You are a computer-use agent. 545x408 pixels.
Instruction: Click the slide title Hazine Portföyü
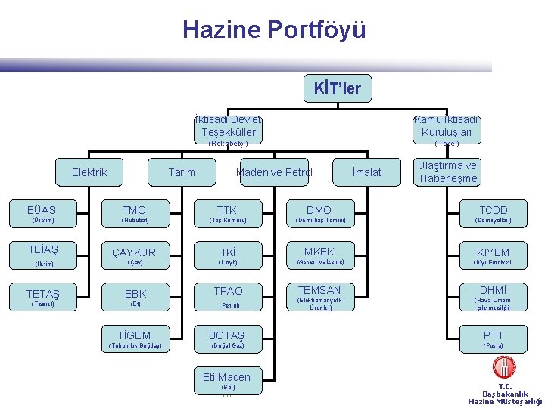click(x=274, y=29)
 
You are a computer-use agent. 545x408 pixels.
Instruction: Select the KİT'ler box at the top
click(x=338, y=89)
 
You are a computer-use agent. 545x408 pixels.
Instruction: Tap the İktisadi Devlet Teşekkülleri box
click(x=228, y=126)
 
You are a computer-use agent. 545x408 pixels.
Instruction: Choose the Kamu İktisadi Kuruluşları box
click(x=447, y=126)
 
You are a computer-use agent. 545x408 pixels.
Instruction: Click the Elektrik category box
click(x=89, y=172)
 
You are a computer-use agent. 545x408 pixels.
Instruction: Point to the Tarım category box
click(x=181, y=172)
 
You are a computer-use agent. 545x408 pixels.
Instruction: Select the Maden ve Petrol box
click(x=274, y=172)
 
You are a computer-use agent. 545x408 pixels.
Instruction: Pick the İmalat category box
click(x=367, y=172)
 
